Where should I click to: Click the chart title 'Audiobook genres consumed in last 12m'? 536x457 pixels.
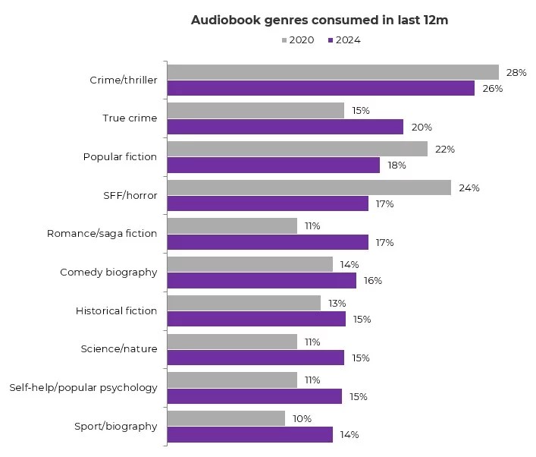click(319, 20)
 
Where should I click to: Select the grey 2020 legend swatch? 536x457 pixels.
click(284, 40)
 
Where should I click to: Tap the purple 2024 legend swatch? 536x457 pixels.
click(331, 40)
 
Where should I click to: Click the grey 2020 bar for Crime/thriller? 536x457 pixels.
click(332, 72)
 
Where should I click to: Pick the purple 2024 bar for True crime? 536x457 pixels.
click(284, 127)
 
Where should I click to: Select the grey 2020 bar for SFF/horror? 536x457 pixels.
click(309, 188)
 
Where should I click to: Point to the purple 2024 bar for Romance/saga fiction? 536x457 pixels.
click(267, 242)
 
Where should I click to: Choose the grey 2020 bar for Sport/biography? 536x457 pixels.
click(226, 418)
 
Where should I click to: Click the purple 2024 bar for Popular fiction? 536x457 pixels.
click(273, 165)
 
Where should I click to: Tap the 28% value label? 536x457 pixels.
click(516, 73)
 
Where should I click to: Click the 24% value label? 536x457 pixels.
click(469, 188)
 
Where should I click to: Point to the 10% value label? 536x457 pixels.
click(302, 419)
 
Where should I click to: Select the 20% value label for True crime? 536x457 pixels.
click(421, 128)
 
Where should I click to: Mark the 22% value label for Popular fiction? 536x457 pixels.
click(445, 150)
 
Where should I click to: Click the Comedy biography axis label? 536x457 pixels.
click(108, 272)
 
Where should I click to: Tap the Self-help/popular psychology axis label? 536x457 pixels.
click(83, 387)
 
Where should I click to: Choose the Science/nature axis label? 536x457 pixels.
click(119, 348)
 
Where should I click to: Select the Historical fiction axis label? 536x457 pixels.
click(116, 310)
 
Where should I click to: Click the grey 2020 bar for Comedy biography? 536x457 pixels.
click(249, 264)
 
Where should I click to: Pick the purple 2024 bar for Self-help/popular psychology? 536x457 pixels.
click(254, 396)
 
